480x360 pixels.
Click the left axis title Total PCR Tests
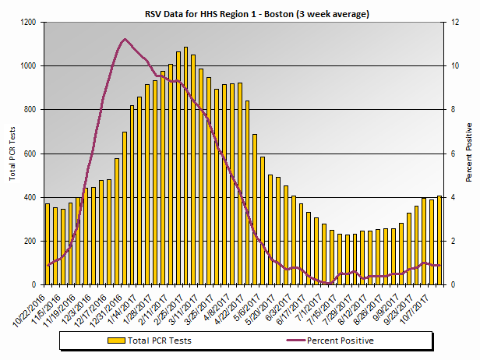point(12,154)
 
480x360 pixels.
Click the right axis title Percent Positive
point(469,153)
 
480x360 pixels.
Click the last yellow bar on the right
point(439,242)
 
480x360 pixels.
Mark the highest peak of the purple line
point(125,39)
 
